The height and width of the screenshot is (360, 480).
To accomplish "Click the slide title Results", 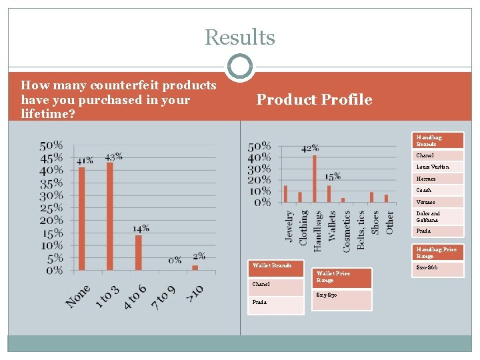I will point(240,37).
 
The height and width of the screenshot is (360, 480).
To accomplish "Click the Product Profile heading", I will point(314,100).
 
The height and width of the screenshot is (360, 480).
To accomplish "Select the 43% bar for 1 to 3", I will point(110,217).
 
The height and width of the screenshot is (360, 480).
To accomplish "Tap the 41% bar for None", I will point(82,219).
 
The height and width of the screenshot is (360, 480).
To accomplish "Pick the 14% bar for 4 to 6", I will point(139,253).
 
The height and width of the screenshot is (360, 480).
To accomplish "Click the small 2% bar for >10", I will point(195,268).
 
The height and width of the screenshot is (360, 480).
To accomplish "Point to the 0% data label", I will point(175,260).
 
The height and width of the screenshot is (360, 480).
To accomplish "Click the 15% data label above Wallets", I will point(333,177).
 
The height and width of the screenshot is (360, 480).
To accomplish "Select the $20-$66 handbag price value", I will point(427,267).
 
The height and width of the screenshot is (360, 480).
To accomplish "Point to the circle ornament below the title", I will point(240,67).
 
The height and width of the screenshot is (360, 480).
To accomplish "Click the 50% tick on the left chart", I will point(51,145).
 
